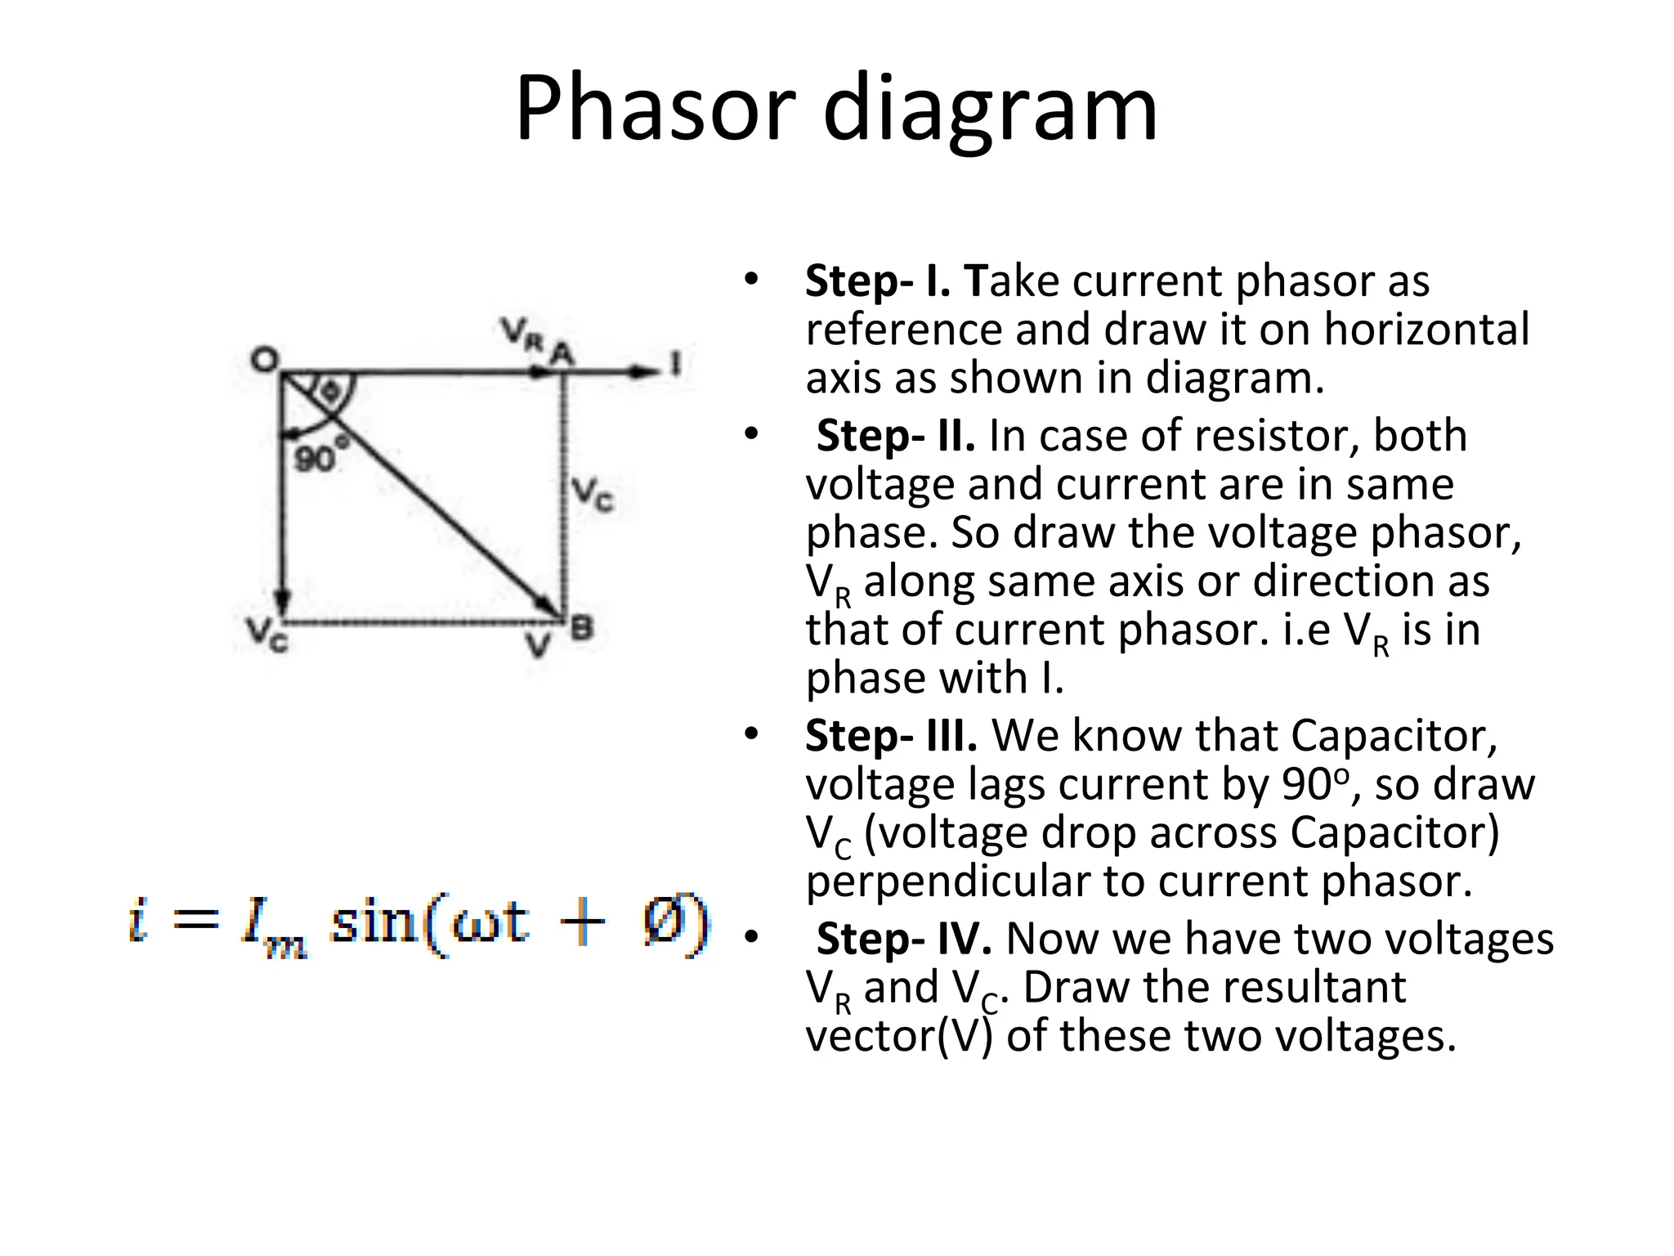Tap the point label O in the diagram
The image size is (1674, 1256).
pos(264,359)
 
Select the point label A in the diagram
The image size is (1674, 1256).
pos(562,354)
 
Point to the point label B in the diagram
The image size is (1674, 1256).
pos(581,629)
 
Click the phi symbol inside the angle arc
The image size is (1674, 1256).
pos(329,391)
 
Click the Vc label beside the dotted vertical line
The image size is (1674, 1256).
pos(592,494)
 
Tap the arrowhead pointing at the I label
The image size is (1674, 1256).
pos(646,372)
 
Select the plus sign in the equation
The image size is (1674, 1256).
pos(582,924)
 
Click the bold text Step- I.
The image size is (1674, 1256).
pos(877,281)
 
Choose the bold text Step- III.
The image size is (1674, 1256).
pos(891,735)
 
